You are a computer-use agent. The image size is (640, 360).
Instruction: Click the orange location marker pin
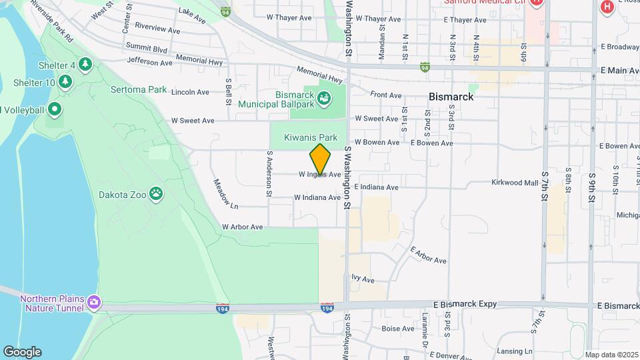point(320,159)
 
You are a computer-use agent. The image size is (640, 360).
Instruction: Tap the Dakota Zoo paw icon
point(156,194)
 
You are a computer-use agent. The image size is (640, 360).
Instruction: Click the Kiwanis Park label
point(307,137)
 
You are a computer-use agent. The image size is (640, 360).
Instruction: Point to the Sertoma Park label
point(139,89)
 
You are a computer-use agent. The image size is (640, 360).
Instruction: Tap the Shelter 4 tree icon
point(85,64)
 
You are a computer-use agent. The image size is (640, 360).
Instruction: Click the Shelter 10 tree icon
point(65,81)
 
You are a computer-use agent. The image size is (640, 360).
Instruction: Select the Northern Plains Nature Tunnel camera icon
point(94,303)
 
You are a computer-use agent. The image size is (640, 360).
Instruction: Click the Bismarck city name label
point(451,97)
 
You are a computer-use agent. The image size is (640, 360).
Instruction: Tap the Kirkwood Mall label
point(515,183)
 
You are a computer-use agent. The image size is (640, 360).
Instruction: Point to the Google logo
point(22,352)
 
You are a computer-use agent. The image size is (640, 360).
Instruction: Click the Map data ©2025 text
point(612,355)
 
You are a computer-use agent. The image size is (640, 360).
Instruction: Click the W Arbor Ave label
point(243,227)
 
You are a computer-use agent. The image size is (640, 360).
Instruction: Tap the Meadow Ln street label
point(225,192)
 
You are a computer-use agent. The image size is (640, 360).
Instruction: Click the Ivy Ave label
point(363,279)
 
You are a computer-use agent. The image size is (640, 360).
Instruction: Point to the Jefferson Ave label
point(149,63)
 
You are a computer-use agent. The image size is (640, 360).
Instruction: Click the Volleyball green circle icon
point(55,109)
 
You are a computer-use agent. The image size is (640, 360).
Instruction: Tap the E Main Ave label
point(620,70)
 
